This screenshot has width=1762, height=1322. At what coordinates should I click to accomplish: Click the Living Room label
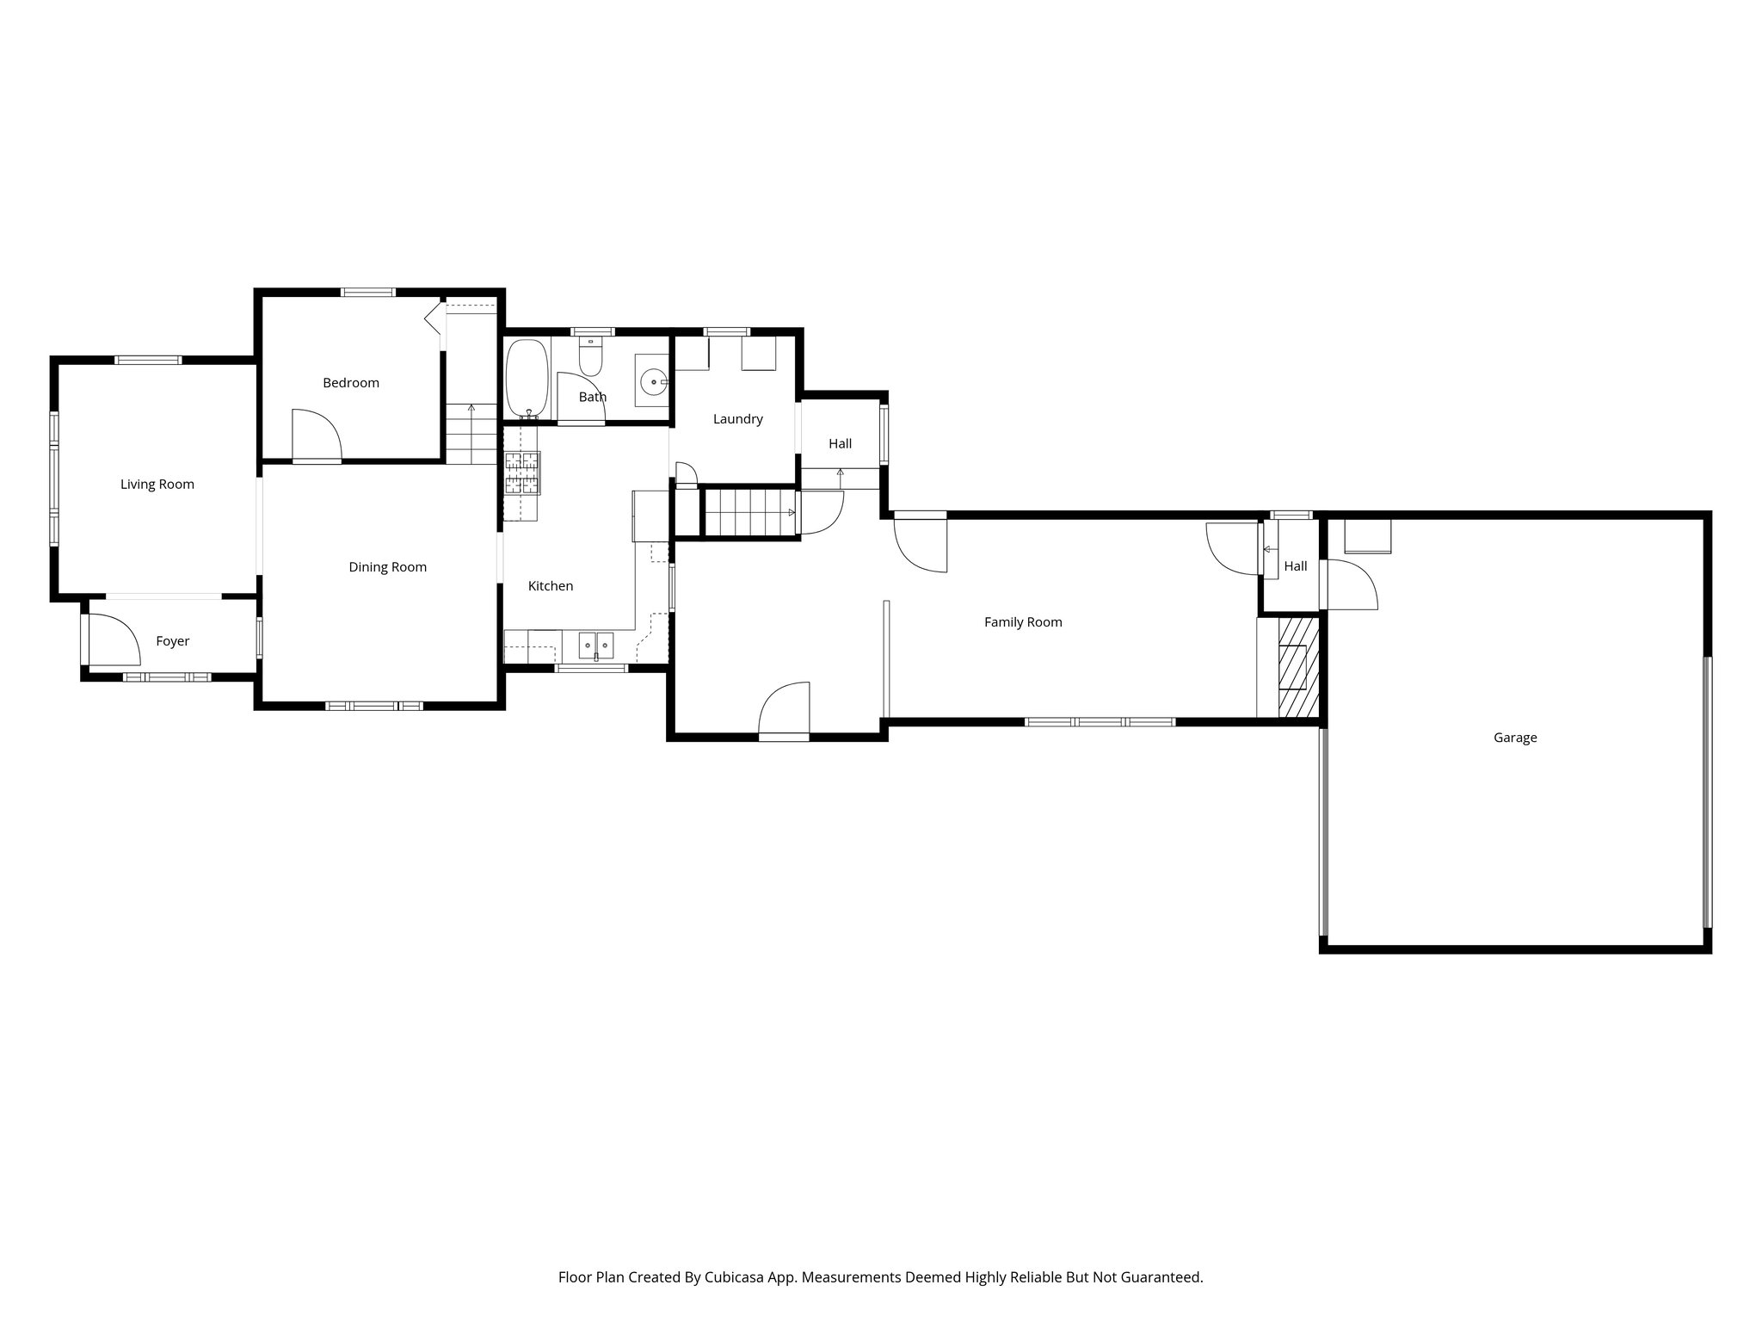tap(157, 485)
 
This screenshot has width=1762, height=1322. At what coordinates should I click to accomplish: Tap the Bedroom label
tap(351, 383)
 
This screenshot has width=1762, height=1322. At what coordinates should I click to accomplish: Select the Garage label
tap(1515, 738)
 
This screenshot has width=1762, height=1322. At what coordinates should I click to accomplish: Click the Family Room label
tap(1023, 622)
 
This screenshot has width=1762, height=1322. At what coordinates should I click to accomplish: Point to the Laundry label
tap(738, 419)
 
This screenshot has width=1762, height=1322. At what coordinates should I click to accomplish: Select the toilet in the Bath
tap(590, 357)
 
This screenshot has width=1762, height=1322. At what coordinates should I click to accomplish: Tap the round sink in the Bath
tap(655, 379)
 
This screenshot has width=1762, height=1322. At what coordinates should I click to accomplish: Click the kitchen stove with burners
tap(522, 473)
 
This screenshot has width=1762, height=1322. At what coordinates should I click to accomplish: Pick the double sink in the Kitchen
tap(595, 643)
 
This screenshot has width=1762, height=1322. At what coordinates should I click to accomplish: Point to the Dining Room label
tap(387, 567)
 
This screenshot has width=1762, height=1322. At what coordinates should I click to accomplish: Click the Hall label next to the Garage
tap(1295, 566)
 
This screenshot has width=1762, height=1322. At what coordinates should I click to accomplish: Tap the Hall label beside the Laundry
tap(840, 444)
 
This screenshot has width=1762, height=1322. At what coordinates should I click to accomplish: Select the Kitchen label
tap(550, 586)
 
